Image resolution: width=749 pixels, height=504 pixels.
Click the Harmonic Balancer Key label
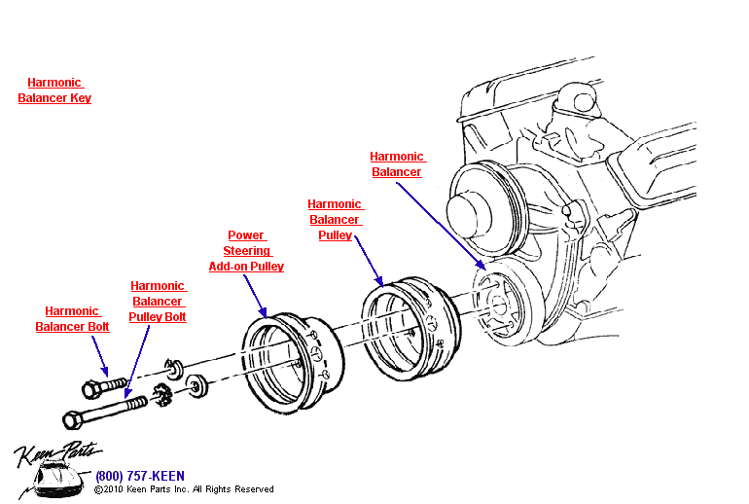(x=54, y=90)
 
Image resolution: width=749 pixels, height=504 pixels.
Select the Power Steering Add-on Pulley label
(x=246, y=250)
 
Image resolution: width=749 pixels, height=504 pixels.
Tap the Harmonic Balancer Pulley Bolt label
(x=158, y=302)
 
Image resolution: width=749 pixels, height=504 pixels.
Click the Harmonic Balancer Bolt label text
(x=72, y=319)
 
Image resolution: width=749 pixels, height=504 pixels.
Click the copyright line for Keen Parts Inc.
(x=184, y=489)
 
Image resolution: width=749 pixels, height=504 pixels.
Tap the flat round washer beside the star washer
(x=198, y=387)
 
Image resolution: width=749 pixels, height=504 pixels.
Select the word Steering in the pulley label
(x=246, y=250)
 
